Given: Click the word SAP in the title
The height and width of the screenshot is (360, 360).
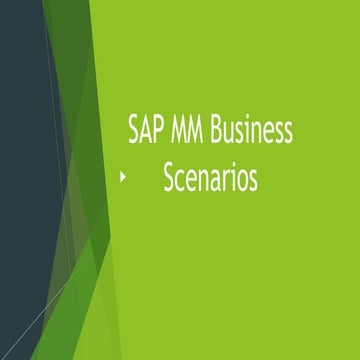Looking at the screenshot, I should click(147, 130).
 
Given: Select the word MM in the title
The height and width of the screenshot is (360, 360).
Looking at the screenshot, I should click(190, 130).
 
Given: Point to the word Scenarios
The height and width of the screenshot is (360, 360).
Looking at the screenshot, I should click(210, 178).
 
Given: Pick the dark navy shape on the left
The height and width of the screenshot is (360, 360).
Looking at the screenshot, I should click(25, 150).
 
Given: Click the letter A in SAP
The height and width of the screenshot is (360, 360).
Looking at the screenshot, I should click(147, 130).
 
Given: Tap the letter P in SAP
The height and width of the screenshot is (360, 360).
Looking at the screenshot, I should click(160, 130).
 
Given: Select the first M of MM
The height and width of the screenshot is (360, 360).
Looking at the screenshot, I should click(181, 130).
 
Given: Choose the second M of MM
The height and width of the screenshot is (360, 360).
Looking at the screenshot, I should click(200, 130).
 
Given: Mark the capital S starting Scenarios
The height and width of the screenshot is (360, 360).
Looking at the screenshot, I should click(169, 178).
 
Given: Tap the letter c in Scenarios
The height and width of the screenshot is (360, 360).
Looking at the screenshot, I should click(181, 180).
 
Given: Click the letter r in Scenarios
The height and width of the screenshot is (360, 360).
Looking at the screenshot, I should click(227, 180).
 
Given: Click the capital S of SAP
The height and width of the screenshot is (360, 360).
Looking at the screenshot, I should click(134, 130).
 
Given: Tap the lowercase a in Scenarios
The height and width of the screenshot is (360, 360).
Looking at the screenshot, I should click(216, 180).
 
